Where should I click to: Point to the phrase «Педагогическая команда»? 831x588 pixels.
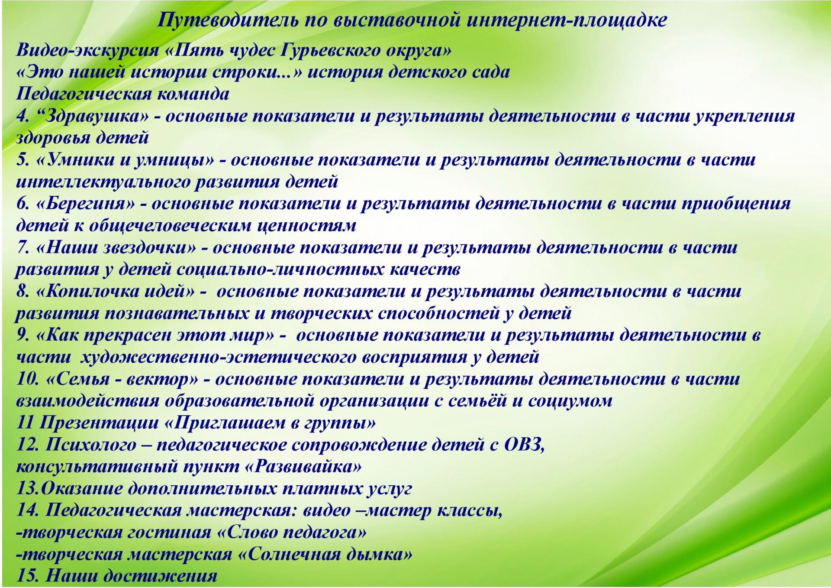(x=123, y=94)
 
